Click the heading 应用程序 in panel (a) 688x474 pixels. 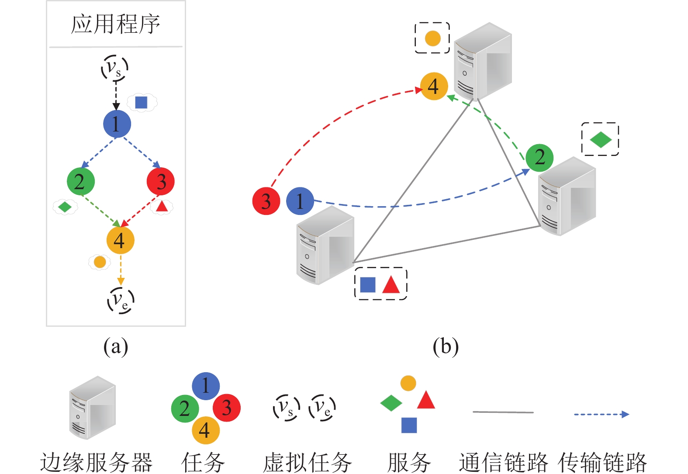point(115,24)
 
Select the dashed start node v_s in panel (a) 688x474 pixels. point(115,68)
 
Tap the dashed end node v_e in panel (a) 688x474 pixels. point(121,300)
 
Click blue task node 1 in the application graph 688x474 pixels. point(117,124)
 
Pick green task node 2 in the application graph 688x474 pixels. point(80,181)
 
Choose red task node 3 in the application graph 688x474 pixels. point(161,181)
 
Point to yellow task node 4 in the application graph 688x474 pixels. point(120,240)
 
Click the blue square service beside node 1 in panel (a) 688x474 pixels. point(141,103)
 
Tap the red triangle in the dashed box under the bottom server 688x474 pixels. point(391,284)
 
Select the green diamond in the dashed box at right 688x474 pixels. point(601,140)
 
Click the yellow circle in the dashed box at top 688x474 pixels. point(432,38)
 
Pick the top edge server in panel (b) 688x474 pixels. point(482,61)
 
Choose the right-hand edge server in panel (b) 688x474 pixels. point(567,197)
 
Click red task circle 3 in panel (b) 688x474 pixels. point(266,201)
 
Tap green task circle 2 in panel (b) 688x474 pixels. point(539,158)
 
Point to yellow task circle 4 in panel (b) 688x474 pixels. point(434,86)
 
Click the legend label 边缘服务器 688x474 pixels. point(97,462)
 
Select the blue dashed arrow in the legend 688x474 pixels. point(601,414)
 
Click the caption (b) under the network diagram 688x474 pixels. point(446,347)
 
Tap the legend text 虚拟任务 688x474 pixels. point(307,462)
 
